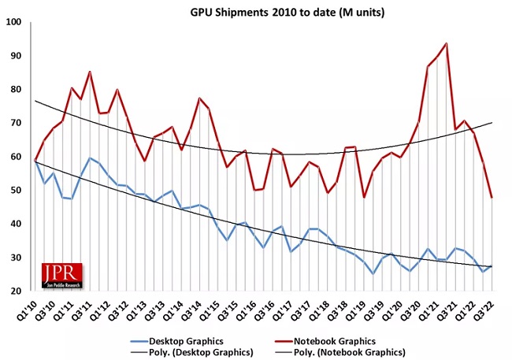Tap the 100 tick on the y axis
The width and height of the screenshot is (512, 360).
click(x=13, y=22)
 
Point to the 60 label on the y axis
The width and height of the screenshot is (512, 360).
click(x=16, y=157)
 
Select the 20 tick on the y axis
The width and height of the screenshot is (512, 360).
click(x=16, y=291)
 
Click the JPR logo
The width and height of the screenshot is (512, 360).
click(x=62, y=276)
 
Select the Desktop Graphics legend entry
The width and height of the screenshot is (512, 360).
click(x=177, y=341)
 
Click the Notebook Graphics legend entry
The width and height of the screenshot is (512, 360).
click(x=325, y=341)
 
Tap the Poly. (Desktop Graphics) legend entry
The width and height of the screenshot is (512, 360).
click(x=191, y=352)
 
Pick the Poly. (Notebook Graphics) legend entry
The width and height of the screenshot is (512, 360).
click(x=340, y=352)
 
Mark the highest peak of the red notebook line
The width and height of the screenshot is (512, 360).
click(x=446, y=43)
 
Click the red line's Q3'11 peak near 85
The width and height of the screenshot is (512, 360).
click(x=90, y=72)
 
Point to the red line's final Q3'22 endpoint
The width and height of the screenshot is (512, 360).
click(x=492, y=197)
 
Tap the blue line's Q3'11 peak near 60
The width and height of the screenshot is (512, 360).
click(x=90, y=158)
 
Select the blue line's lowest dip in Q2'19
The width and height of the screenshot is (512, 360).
click(x=373, y=273)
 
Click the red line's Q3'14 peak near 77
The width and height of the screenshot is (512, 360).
click(x=199, y=98)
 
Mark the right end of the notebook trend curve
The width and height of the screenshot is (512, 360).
click(x=492, y=123)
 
